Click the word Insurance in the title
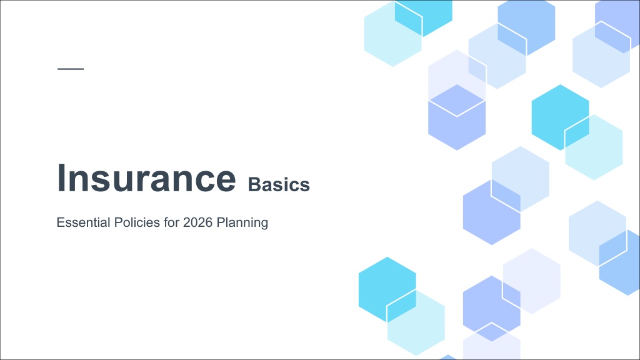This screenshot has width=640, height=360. click(146, 177)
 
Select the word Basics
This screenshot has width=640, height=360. click(279, 184)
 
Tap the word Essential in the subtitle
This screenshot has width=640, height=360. click(84, 222)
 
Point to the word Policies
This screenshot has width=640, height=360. click(137, 222)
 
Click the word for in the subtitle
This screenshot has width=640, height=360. click(171, 222)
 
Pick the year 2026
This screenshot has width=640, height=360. click(198, 222)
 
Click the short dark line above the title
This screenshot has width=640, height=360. click(71, 69)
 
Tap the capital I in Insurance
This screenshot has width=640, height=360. click(61, 177)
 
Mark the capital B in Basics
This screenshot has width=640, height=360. click(254, 184)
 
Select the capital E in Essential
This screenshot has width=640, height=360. click(61, 222)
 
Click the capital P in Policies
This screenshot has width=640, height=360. click(118, 222)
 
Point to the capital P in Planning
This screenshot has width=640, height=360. click(221, 222)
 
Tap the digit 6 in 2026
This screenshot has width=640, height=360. click(209, 222)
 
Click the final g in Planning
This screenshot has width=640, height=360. click(264, 225)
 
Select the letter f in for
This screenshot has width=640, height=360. click(166, 222)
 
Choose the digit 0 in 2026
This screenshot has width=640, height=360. click(194, 222)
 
